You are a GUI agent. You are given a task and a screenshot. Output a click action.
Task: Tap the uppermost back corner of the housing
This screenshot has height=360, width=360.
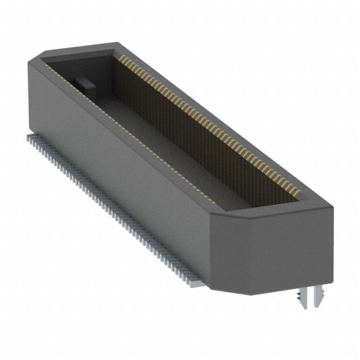point(116,42)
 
